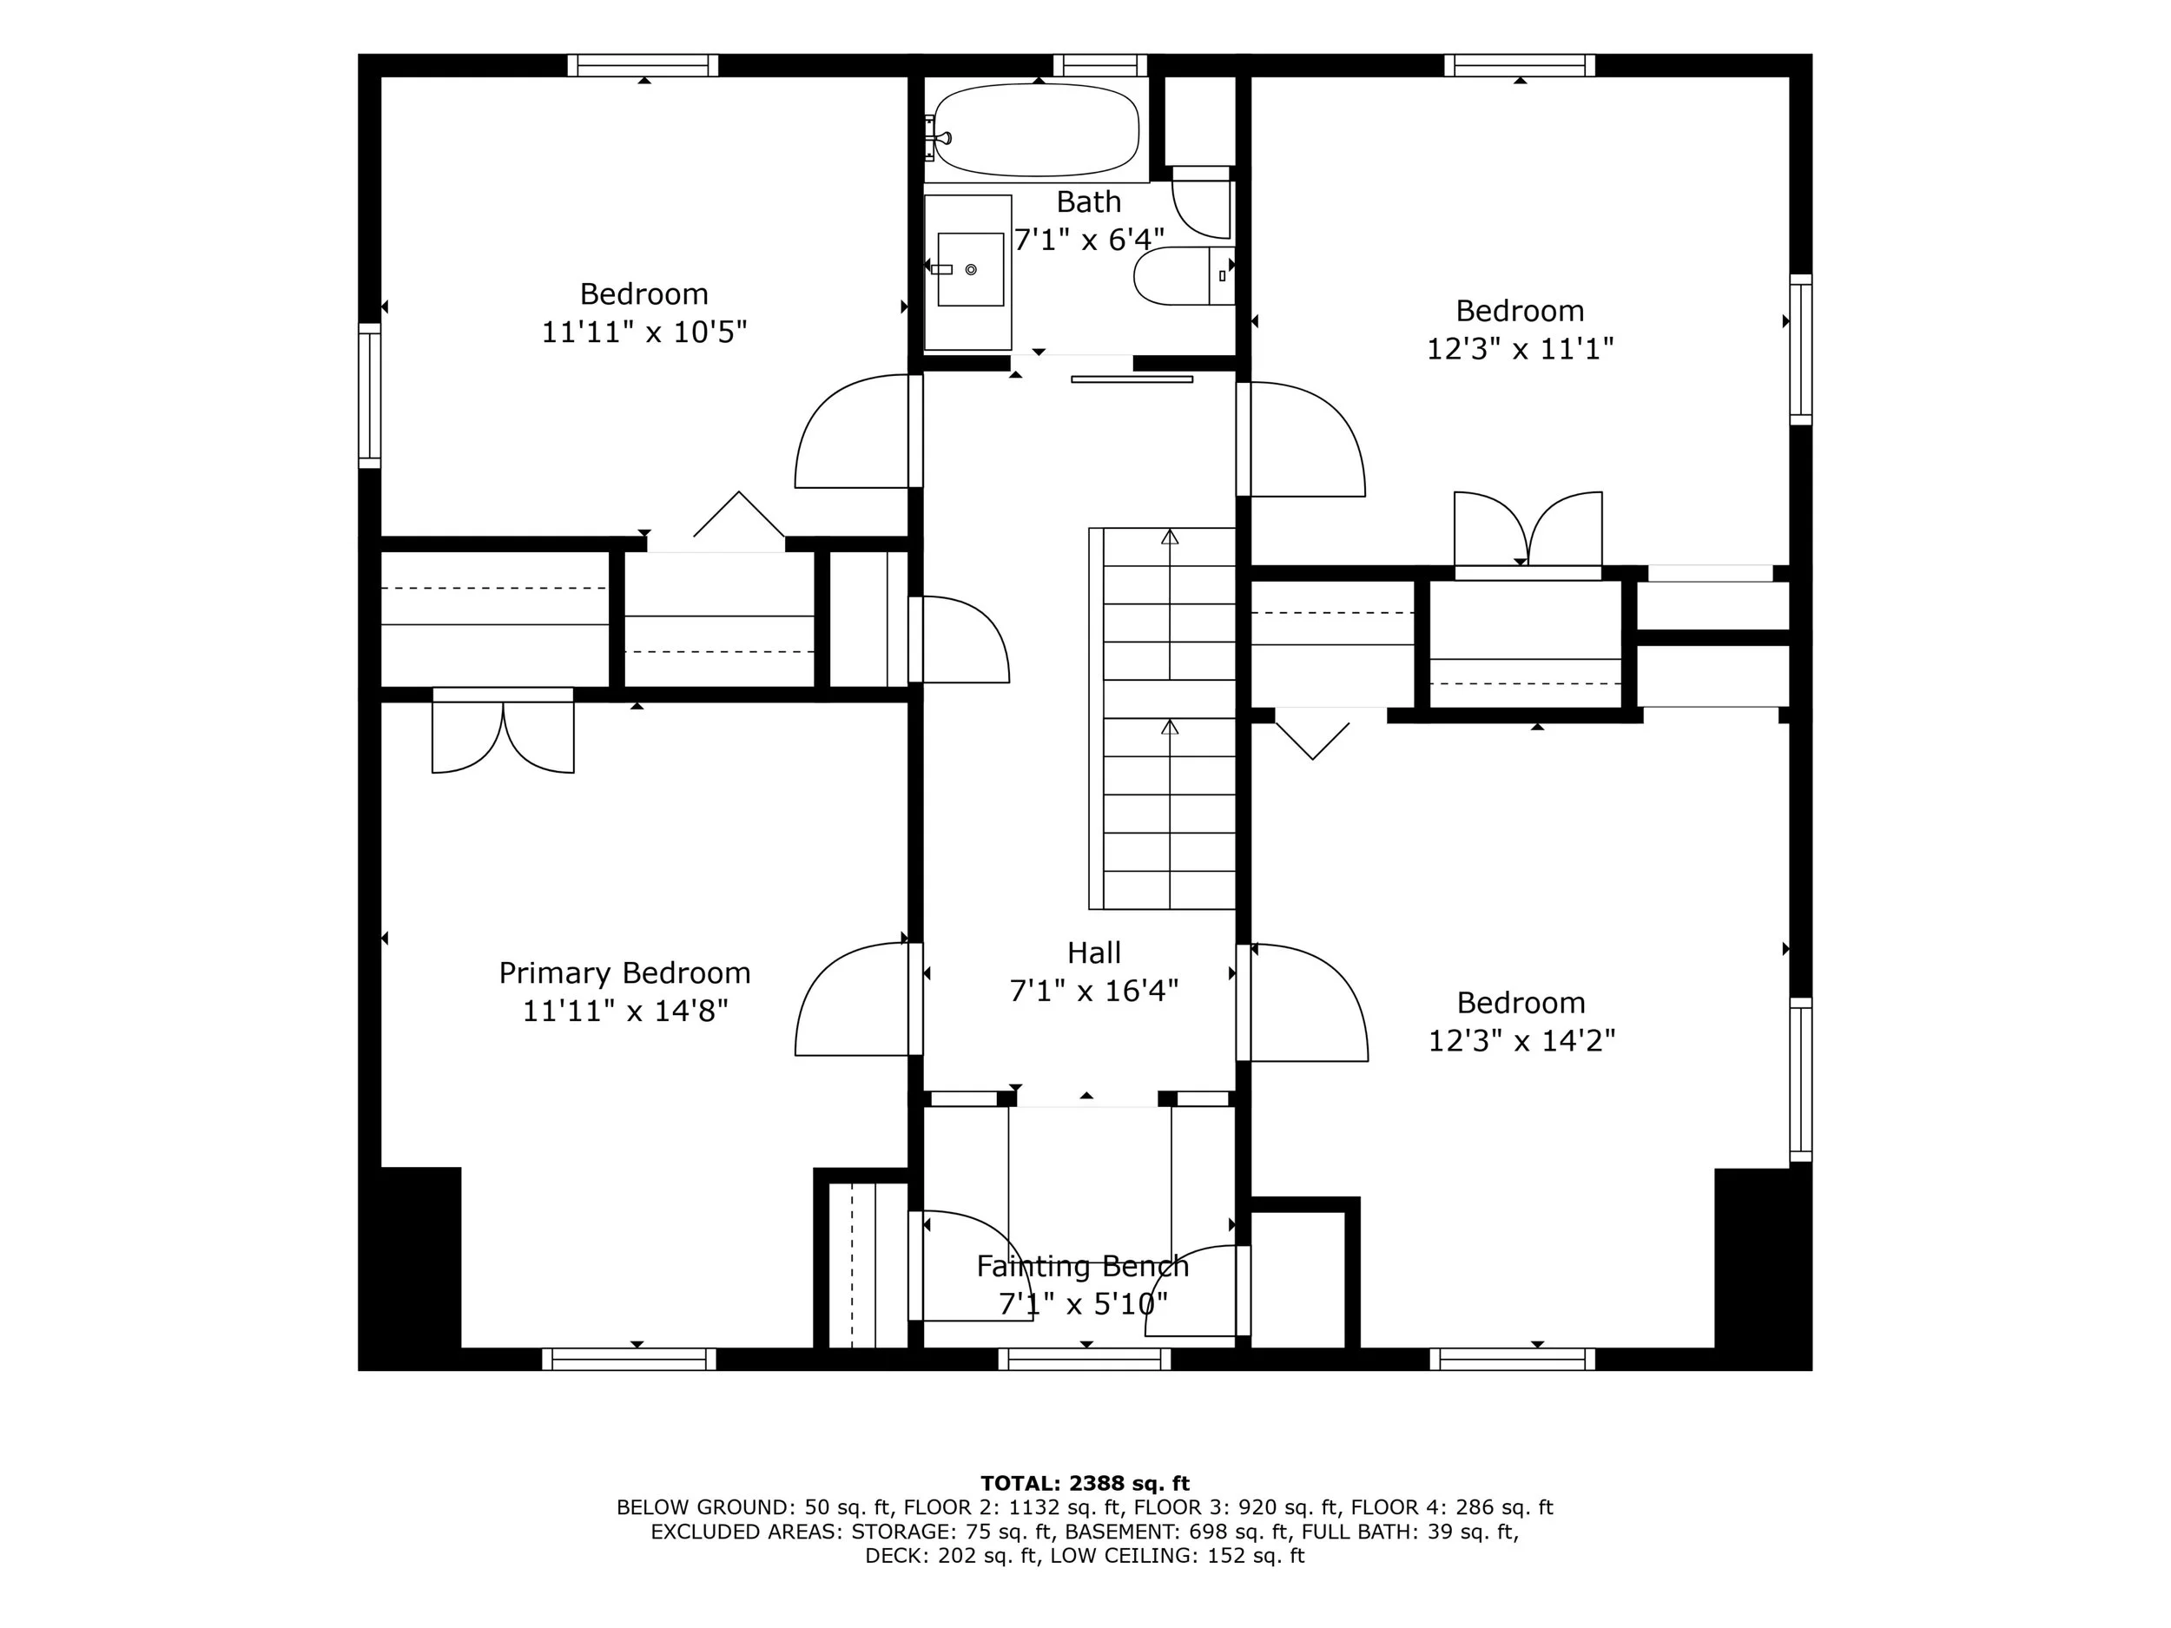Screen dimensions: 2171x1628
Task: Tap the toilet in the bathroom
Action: coord(1184,276)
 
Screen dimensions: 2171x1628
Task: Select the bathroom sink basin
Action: coord(971,269)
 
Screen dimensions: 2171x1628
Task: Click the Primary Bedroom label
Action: coord(624,972)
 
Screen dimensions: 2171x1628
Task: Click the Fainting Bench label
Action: coord(1083,1266)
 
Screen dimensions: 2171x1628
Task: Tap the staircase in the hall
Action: coord(1162,718)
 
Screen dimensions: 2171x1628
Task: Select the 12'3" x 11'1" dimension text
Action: coord(1520,348)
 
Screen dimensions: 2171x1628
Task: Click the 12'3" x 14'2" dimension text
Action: coord(1521,1040)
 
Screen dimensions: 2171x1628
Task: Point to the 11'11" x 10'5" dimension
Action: coord(643,332)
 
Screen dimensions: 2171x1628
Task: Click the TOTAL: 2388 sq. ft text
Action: coord(1085,1483)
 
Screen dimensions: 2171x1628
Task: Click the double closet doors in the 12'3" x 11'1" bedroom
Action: coord(1528,530)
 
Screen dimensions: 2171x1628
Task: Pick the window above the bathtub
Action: coord(1100,66)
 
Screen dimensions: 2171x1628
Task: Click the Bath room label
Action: coord(1088,202)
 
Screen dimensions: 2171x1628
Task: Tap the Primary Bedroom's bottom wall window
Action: coord(628,1359)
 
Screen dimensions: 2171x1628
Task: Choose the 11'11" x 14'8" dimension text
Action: coord(624,1011)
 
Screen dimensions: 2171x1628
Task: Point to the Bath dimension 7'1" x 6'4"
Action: coord(1088,240)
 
